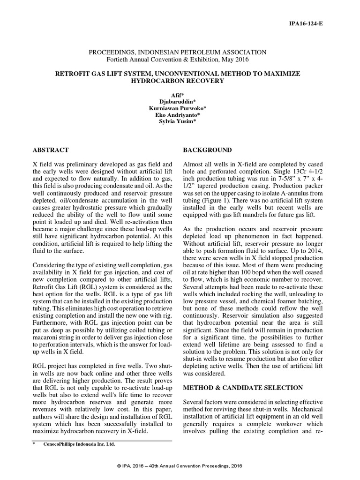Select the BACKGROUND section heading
pyautogui.click(x=207, y=150)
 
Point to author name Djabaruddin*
pyautogui.click(x=178, y=102)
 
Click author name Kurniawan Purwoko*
pyautogui.click(x=178, y=109)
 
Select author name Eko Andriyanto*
pyautogui.click(x=178, y=116)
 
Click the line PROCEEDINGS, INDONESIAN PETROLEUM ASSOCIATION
pyautogui.click(x=178, y=52)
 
